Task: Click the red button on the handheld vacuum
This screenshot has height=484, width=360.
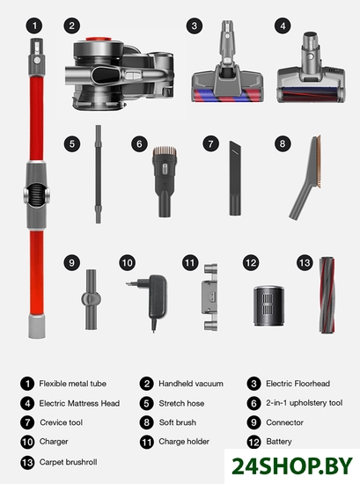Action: pos(99,40)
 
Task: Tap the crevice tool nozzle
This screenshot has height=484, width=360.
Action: pos(235,178)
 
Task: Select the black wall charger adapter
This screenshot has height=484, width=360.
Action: pos(151,302)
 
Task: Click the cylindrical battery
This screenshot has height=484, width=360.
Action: pos(269,305)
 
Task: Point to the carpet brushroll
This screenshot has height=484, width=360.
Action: pos(327,295)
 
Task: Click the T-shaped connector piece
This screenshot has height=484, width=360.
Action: pos(91,299)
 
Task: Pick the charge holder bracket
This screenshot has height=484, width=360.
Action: pos(210,297)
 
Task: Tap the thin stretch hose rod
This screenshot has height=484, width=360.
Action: pos(99,174)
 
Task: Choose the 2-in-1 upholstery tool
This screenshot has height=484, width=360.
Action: pos(165,181)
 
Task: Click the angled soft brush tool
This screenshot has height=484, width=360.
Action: pos(306,177)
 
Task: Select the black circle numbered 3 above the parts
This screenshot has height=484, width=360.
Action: pos(195,26)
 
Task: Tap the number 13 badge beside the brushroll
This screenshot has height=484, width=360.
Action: pos(305,263)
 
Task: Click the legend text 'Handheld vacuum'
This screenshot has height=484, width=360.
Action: pos(191,384)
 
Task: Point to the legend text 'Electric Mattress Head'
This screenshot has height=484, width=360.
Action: pos(79,403)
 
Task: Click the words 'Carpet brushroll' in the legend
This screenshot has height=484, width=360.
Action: pos(69,462)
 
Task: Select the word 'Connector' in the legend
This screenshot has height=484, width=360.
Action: pos(284,422)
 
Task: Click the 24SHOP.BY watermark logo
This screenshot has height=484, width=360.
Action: pos(291,466)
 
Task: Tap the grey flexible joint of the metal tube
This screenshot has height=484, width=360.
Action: pos(36,195)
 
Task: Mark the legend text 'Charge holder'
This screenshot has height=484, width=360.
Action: pos(184,442)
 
